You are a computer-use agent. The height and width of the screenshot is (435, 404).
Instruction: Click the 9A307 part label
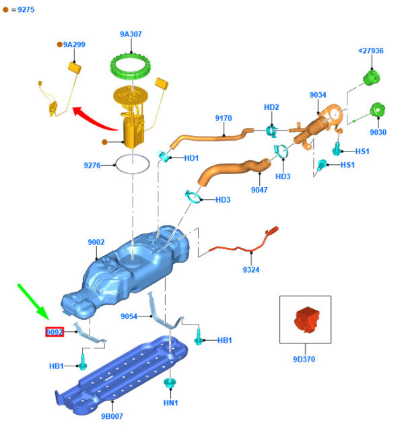(x=131, y=34)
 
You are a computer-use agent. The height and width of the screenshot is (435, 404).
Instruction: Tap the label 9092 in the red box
(x=55, y=331)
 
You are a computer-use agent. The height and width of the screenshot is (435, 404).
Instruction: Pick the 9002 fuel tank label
(x=96, y=242)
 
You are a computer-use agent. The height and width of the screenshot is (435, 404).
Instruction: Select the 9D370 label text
(x=304, y=359)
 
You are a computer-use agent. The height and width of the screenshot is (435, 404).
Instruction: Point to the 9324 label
(x=250, y=270)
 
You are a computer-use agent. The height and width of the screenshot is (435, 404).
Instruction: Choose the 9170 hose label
(x=224, y=119)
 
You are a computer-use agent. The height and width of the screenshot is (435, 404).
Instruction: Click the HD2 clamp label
(x=271, y=107)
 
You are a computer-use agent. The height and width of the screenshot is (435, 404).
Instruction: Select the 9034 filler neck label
(x=318, y=95)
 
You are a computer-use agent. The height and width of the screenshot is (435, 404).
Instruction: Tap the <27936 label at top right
(x=370, y=51)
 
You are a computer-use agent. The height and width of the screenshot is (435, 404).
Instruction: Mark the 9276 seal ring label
(x=92, y=165)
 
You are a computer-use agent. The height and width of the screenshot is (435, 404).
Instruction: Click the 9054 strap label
(x=129, y=316)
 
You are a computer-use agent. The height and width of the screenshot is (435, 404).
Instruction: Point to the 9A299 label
(x=74, y=44)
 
